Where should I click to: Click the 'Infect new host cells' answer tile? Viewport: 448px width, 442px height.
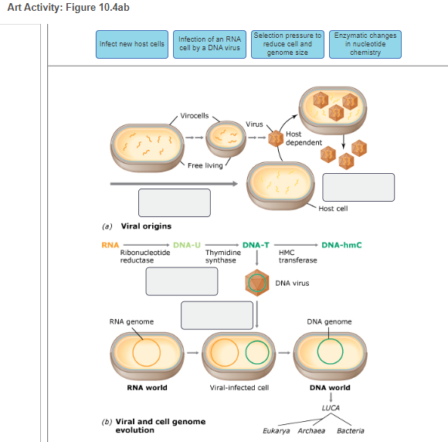pos(132,44)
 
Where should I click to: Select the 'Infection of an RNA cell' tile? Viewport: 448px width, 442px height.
pos(210,44)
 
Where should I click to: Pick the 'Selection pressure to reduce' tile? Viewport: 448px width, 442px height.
pos(287,44)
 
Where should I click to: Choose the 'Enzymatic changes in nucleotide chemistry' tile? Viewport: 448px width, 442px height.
pos(365,44)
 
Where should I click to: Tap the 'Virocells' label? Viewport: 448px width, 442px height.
pos(194,116)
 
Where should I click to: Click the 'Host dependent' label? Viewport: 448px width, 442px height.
pos(298,138)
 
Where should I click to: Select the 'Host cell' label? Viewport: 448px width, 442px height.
pos(333,209)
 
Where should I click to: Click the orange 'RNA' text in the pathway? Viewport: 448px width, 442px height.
pos(109,245)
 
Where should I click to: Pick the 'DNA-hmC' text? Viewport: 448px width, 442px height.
pos(341,245)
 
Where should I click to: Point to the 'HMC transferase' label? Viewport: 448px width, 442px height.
pos(297,257)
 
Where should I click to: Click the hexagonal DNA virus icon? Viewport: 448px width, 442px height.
pos(256,283)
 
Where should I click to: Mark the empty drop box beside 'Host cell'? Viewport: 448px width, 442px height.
pos(358,188)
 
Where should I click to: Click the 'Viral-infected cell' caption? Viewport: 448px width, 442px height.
pos(239,388)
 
